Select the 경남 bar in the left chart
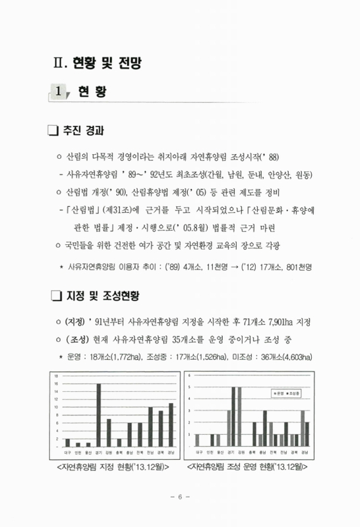171,425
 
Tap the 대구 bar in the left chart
67,443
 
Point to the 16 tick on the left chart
56,383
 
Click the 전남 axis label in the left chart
150,453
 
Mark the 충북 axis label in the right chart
253,453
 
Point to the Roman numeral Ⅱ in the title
59,63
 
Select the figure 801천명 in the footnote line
294,267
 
